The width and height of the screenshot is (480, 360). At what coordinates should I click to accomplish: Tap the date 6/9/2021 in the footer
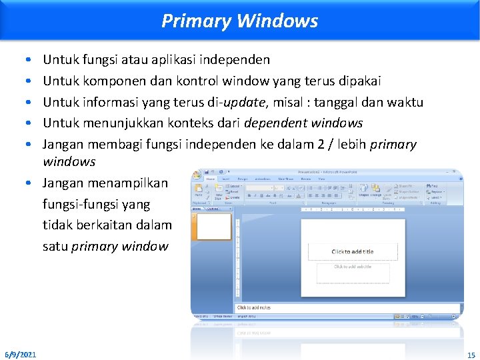21,353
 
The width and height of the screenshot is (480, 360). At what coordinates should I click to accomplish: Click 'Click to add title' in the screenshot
352,251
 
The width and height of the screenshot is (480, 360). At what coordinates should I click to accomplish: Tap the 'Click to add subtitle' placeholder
353,267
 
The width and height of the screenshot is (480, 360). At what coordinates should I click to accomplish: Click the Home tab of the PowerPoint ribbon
210,179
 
